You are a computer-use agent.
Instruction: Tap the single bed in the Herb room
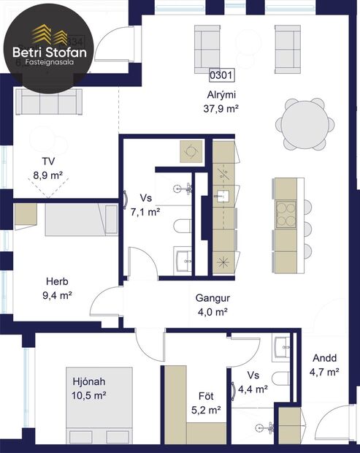[80, 220]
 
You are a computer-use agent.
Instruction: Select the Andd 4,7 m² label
[325, 365]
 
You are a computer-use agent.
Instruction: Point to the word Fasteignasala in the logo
[50, 64]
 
